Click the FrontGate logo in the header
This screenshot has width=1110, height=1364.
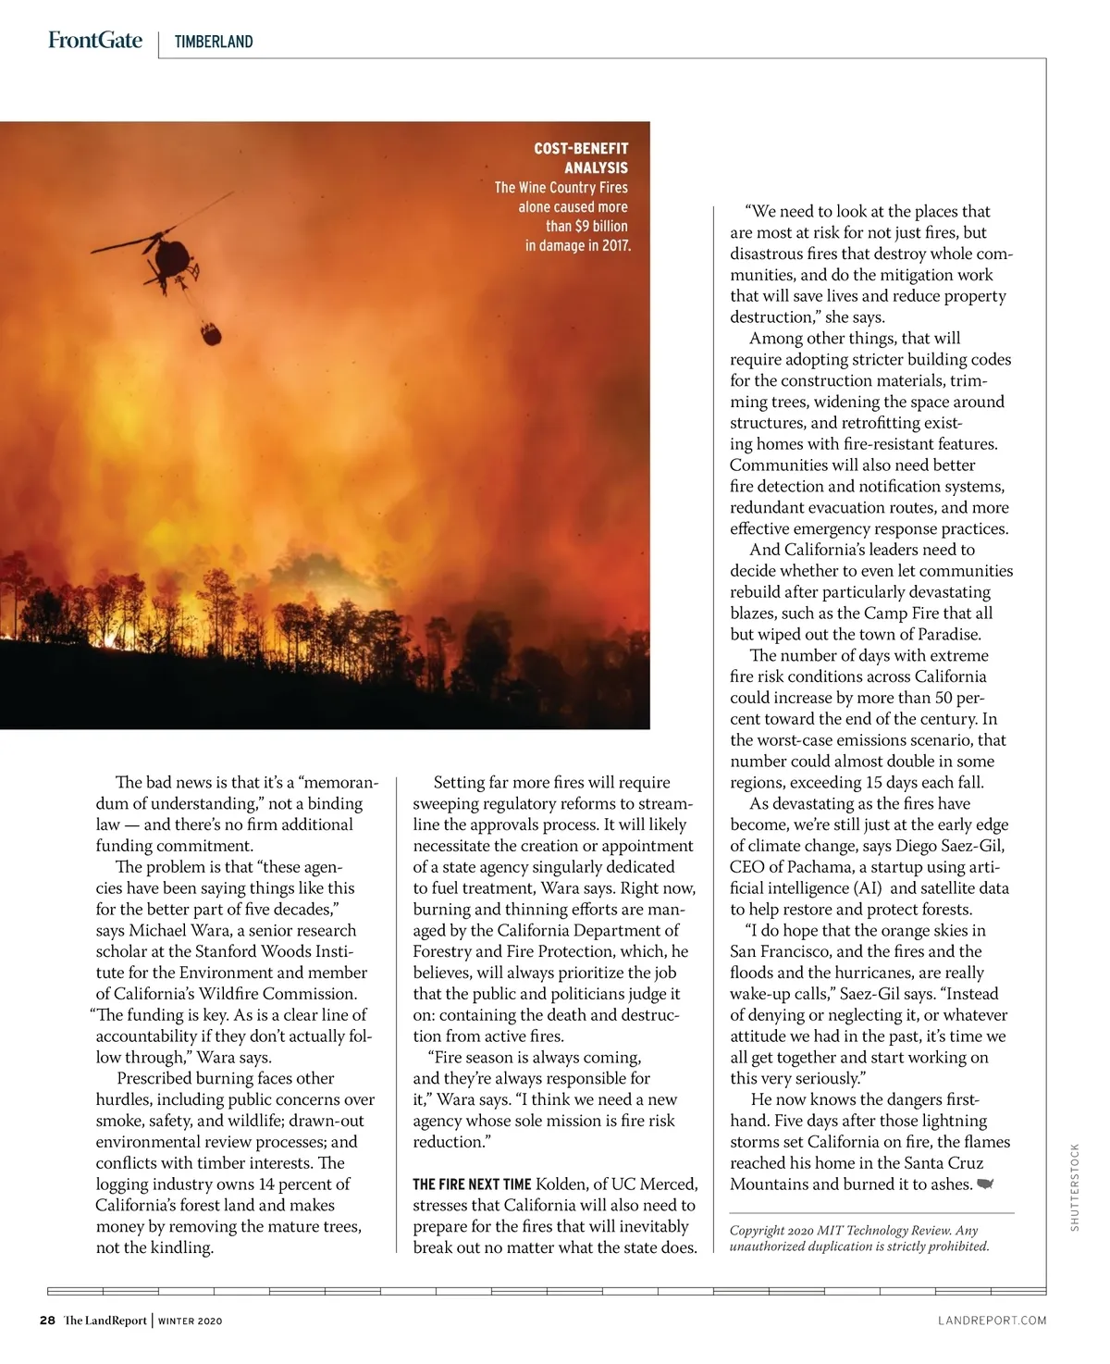click(95, 41)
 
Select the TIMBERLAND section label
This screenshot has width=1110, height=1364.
click(214, 42)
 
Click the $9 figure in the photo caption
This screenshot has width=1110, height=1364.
click(582, 226)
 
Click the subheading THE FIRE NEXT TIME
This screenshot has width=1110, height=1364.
click(472, 1184)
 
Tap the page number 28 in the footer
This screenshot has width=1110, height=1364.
click(47, 1321)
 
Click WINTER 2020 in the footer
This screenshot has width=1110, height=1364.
click(190, 1321)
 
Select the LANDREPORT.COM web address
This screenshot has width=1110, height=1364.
click(992, 1321)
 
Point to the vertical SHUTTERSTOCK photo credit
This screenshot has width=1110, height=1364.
click(1075, 1187)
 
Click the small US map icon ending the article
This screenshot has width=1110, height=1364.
click(985, 1184)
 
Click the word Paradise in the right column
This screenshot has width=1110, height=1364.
click(945, 634)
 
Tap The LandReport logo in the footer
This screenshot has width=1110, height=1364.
click(105, 1321)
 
